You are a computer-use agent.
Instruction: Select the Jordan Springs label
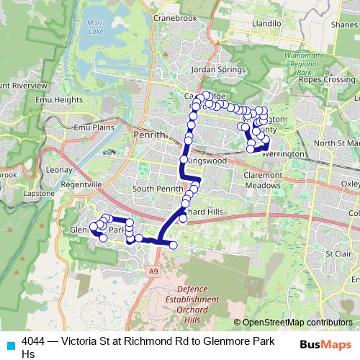coord(209,69)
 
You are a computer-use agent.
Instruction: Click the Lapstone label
coord(40,194)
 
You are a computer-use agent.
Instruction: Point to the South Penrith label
coord(154,189)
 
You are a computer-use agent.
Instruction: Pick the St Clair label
coord(337,253)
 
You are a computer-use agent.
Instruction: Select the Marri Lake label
coord(95,28)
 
